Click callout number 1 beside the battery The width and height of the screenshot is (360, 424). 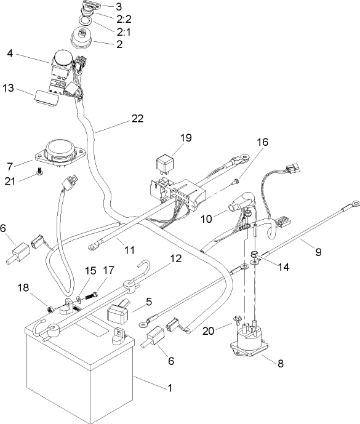(170, 388)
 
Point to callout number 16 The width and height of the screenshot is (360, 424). (262, 142)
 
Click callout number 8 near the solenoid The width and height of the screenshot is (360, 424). (281, 363)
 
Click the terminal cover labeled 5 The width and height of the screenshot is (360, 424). (119, 314)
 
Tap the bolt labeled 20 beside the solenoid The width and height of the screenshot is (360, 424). (238, 321)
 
